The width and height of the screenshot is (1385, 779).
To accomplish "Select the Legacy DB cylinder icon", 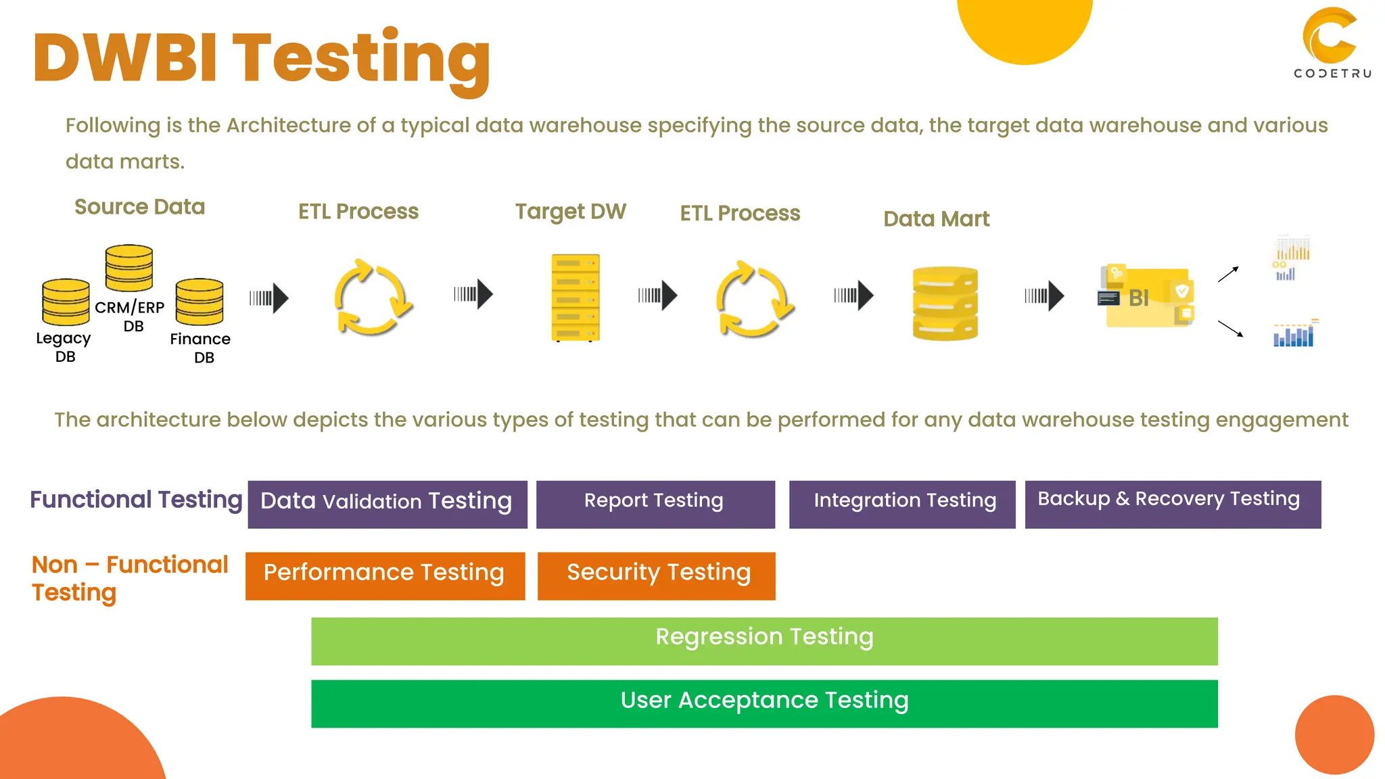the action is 66,302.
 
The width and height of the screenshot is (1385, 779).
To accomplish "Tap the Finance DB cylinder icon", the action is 199,302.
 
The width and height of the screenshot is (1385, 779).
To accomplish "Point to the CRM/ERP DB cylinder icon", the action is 129,268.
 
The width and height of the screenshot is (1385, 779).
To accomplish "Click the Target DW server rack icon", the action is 576,298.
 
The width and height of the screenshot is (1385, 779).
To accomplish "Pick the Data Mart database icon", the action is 945,303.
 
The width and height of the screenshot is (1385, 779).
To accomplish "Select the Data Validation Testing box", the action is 387,504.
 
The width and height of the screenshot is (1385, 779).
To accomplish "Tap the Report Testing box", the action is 655,504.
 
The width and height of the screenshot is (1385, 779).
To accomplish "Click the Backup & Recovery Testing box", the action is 1173,504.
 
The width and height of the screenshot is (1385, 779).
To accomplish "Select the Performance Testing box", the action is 385,575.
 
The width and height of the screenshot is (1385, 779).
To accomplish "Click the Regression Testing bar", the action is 764,640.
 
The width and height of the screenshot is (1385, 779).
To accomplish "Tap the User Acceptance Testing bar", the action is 764,703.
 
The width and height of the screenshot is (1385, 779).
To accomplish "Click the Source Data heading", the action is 139,207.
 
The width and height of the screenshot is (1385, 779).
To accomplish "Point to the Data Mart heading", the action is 936,219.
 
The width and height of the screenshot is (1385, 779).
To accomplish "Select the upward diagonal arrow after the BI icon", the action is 1228,274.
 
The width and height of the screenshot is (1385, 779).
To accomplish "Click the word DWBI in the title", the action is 125,58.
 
